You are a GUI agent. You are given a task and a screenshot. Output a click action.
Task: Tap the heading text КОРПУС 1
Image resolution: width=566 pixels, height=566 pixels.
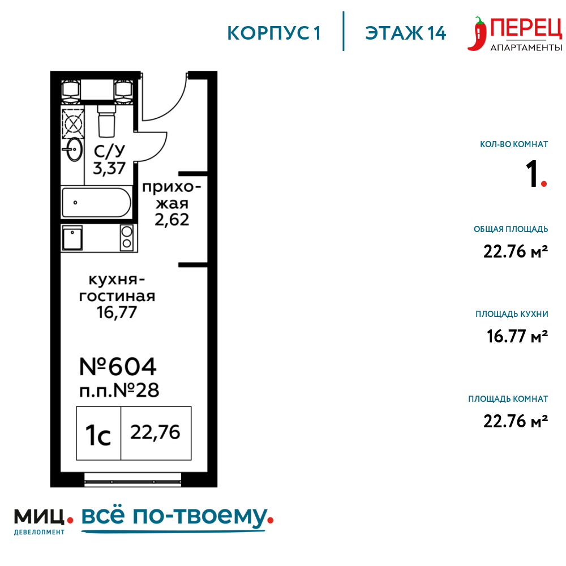[x=273, y=33]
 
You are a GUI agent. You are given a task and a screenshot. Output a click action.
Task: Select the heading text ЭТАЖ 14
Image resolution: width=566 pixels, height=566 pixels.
[x=405, y=33]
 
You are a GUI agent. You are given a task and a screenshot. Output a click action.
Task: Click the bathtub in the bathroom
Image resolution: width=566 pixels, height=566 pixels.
[x=96, y=202]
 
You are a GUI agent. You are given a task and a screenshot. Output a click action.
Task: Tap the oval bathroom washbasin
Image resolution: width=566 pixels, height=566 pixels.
[x=74, y=149]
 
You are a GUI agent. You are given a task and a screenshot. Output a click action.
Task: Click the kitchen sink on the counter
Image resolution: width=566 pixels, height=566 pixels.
[x=72, y=238]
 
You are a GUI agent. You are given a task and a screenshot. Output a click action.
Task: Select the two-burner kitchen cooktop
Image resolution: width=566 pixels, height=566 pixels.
[x=127, y=237]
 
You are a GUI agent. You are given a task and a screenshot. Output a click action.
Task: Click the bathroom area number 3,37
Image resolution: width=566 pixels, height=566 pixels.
[x=109, y=168]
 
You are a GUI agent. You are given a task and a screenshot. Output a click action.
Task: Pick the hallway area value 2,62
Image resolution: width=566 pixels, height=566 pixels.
[x=172, y=220]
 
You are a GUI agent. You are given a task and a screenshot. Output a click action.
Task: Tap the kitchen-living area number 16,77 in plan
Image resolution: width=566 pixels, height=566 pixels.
[x=117, y=312]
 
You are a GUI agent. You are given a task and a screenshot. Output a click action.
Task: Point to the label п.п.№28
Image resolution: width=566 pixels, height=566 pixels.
[x=119, y=391]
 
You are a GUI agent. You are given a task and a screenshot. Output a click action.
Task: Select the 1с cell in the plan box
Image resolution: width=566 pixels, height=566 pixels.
[x=98, y=433]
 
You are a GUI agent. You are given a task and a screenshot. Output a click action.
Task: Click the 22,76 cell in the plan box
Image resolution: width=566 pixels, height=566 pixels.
[x=156, y=433]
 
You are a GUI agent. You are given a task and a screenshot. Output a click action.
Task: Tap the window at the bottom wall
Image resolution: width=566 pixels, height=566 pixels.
[x=132, y=480]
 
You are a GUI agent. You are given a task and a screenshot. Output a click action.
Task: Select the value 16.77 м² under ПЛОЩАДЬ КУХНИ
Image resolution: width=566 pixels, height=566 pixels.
[x=517, y=336]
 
